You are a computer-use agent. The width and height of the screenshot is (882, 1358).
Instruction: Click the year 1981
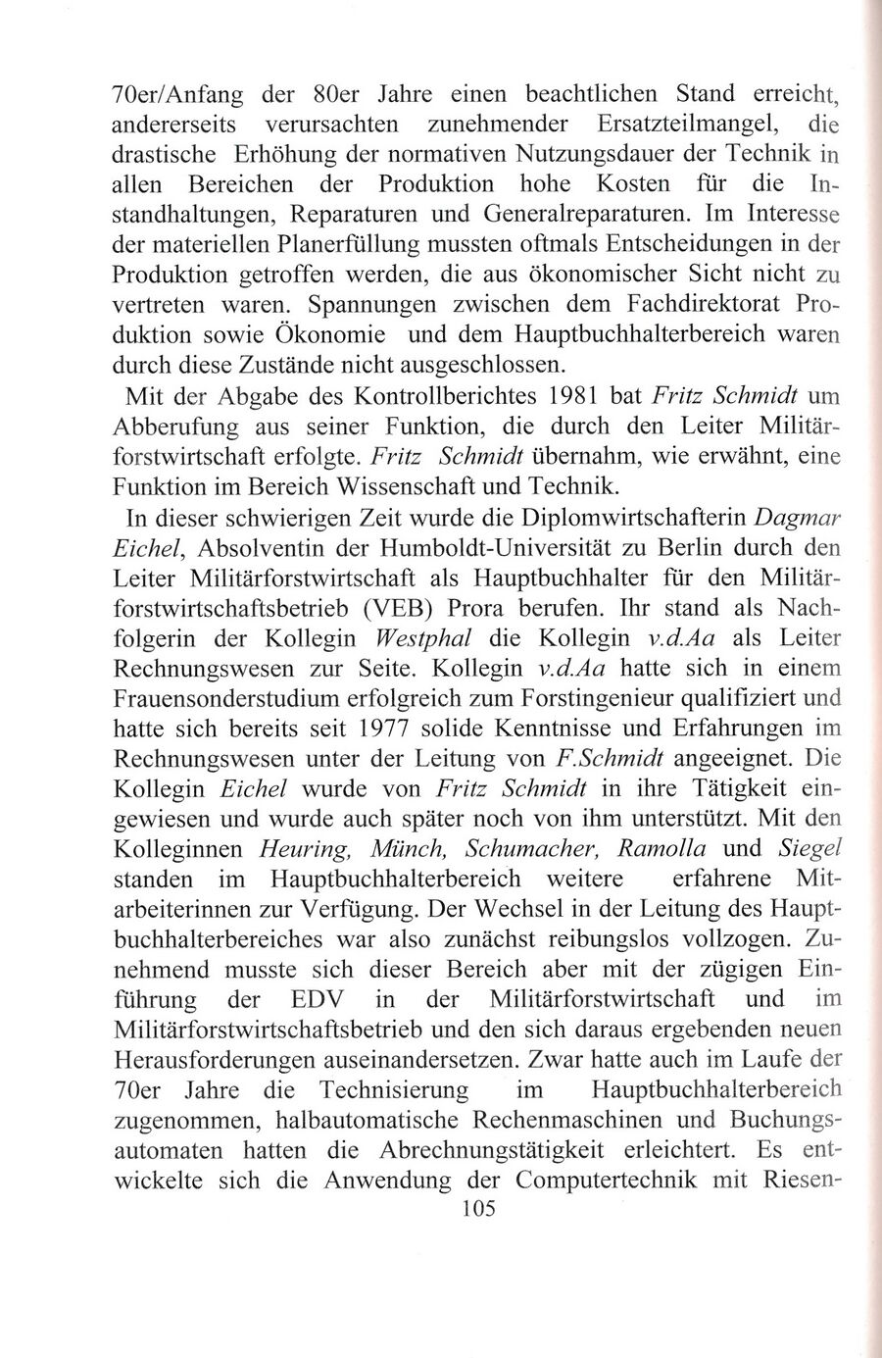(x=595, y=395)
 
